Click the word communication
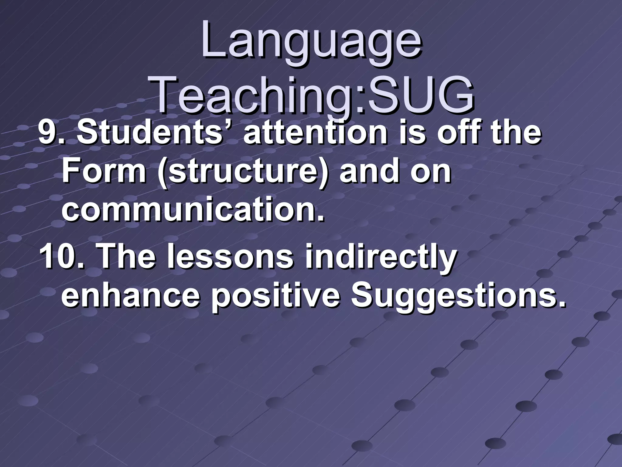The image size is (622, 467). pos(193,210)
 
